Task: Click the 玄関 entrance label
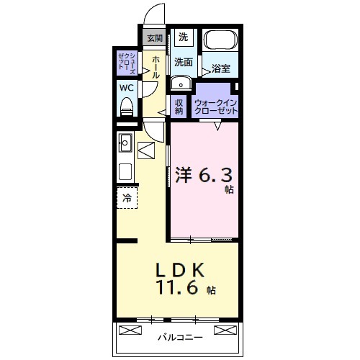[154, 38]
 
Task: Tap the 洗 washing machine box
[183, 37]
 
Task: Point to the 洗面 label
[183, 63]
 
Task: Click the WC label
[127, 88]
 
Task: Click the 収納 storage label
[180, 106]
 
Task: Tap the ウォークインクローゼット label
[215, 105]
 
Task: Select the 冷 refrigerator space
[126, 197]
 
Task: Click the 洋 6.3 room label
[204, 176]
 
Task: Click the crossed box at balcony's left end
[130, 330]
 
